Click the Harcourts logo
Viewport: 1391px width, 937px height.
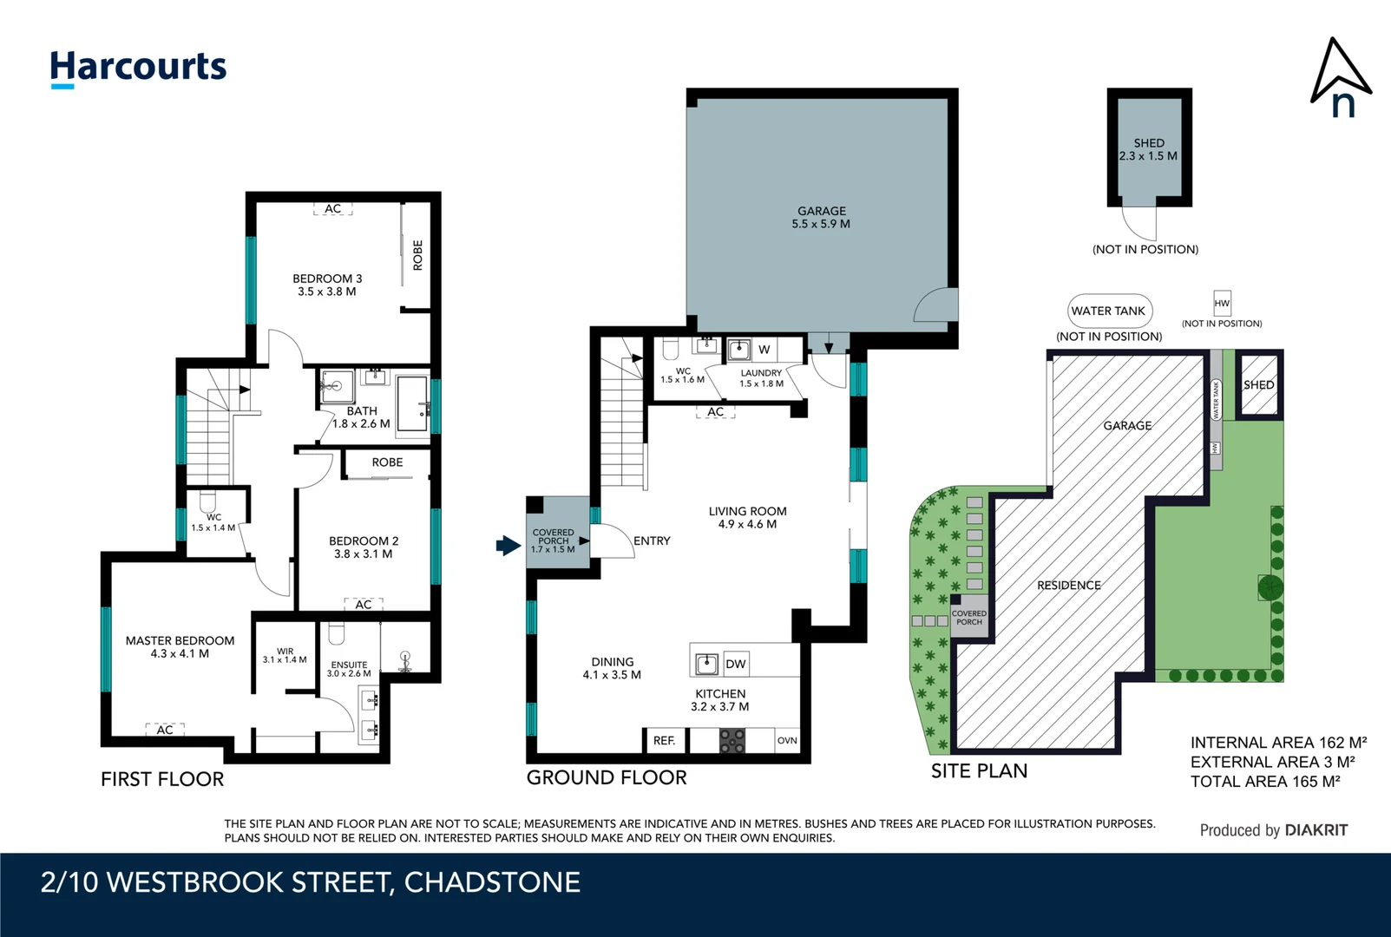(x=138, y=68)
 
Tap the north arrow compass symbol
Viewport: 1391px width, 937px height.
(x=1340, y=78)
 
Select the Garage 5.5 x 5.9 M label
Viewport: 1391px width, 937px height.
(x=821, y=217)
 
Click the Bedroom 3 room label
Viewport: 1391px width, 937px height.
(x=327, y=285)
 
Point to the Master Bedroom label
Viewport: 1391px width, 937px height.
(x=180, y=646)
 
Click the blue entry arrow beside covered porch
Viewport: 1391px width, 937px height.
(x=508, y=546)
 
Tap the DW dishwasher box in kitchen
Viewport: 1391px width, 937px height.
(x=736, y=665)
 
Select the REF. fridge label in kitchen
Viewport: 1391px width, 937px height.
(x=664, y=741)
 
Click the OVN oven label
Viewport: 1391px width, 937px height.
(x=787, y=741)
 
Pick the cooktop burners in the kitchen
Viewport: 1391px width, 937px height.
(x=732, y=741)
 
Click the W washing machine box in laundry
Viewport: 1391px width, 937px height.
(x=764, y=350)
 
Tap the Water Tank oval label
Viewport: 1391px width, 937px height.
(x=1108, y=311)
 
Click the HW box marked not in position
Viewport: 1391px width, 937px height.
(x=1222, y=303)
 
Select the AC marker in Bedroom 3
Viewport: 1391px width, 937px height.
(x=333, y=209)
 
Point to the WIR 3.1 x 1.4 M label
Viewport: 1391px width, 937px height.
(x=285, y=655)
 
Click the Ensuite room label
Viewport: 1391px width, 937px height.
(x=349, y=669)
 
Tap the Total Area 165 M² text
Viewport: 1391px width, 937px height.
(x=1265, y=782)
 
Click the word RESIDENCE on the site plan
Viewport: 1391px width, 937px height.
(x=1068, y=586)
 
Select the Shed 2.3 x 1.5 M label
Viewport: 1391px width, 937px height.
(x=1148, y=149)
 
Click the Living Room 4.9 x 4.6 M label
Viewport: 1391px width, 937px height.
(x=747, y=517)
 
